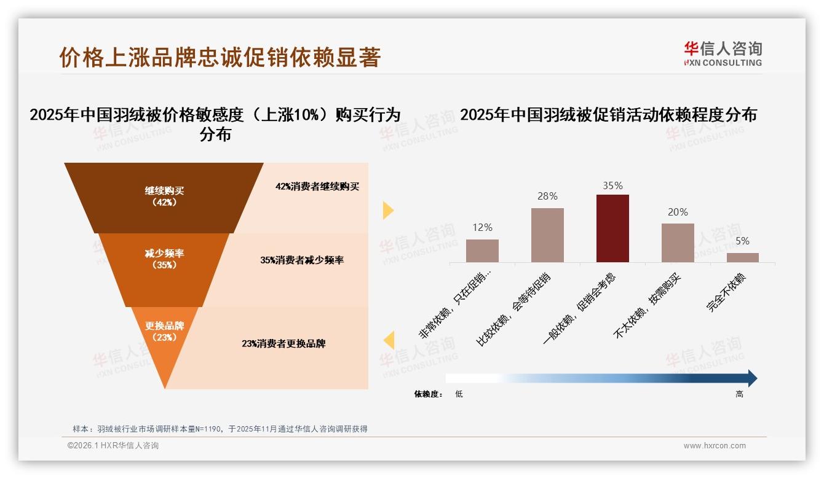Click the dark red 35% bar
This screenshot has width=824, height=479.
tap(612, 228)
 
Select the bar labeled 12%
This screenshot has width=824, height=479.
tap(482, 251)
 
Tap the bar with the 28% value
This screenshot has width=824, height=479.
tap(547, 235)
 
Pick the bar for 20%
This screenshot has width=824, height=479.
tap(678, 243)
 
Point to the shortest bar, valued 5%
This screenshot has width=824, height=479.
tap(743, 257)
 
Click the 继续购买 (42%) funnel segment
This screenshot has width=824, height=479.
tap(164, 197)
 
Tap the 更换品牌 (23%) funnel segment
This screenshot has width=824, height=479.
tap(165, 332)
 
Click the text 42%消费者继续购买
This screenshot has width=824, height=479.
tap(317, 187)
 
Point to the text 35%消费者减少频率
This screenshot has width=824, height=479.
tap(302, 260)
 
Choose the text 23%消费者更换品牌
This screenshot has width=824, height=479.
tap(283, 344)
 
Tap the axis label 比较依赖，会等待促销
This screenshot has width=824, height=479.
tap(514, 311)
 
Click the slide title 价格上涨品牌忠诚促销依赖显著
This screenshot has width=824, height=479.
tap(220, 57)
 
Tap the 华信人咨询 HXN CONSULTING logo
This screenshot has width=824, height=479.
tap(723, 54)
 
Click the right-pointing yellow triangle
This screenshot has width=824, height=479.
tap(388, 211)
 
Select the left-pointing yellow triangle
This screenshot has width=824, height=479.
tap(388, 340)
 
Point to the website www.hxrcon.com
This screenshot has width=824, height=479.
tap(714, 446)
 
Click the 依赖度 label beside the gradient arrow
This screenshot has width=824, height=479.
tap(428, 394)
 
